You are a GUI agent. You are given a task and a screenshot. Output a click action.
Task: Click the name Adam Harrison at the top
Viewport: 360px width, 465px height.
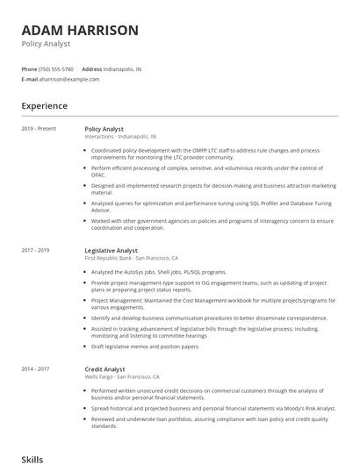(x=80, y=30)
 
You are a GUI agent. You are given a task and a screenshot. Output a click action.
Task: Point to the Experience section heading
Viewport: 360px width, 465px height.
(x=44, y=106)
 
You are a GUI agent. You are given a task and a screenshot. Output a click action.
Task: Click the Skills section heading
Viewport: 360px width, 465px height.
(x=32, y=459)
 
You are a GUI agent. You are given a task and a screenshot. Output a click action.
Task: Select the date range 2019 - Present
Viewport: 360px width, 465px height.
(x=39, y=129)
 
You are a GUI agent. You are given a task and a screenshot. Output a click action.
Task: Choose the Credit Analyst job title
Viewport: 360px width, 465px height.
(x=105, y=369)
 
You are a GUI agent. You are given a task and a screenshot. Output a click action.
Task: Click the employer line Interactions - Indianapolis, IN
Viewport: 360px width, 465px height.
(x=121, y=137)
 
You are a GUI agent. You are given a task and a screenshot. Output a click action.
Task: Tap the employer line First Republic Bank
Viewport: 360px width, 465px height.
(x=132, y=258)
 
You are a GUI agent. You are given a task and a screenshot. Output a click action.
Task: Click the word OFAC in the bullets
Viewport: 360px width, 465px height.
(x=98, y=174)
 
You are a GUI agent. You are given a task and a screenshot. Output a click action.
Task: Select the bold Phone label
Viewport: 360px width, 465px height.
(x=29, y=68)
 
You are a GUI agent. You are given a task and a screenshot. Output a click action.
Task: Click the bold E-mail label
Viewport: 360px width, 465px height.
(x=29, y=79)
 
